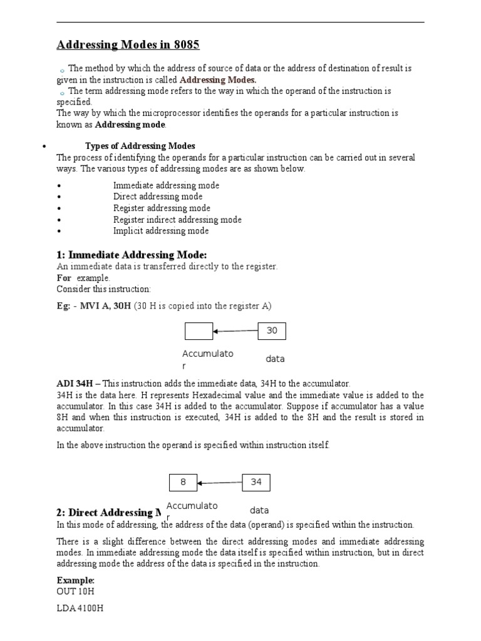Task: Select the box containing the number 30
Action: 272,331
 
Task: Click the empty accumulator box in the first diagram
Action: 199,331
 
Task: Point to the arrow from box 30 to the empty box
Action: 235,331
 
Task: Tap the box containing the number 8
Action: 183,483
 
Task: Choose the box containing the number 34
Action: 256,483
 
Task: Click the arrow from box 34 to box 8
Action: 220,483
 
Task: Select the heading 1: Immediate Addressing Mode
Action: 132,254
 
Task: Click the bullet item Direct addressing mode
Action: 158,197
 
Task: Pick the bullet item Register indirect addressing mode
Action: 177,220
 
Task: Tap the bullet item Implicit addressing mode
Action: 161,231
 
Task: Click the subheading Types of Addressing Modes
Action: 140,146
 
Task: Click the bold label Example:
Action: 75,580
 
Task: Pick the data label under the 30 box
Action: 275,359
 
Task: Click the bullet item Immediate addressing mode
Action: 166,186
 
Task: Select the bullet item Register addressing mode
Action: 162,208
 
